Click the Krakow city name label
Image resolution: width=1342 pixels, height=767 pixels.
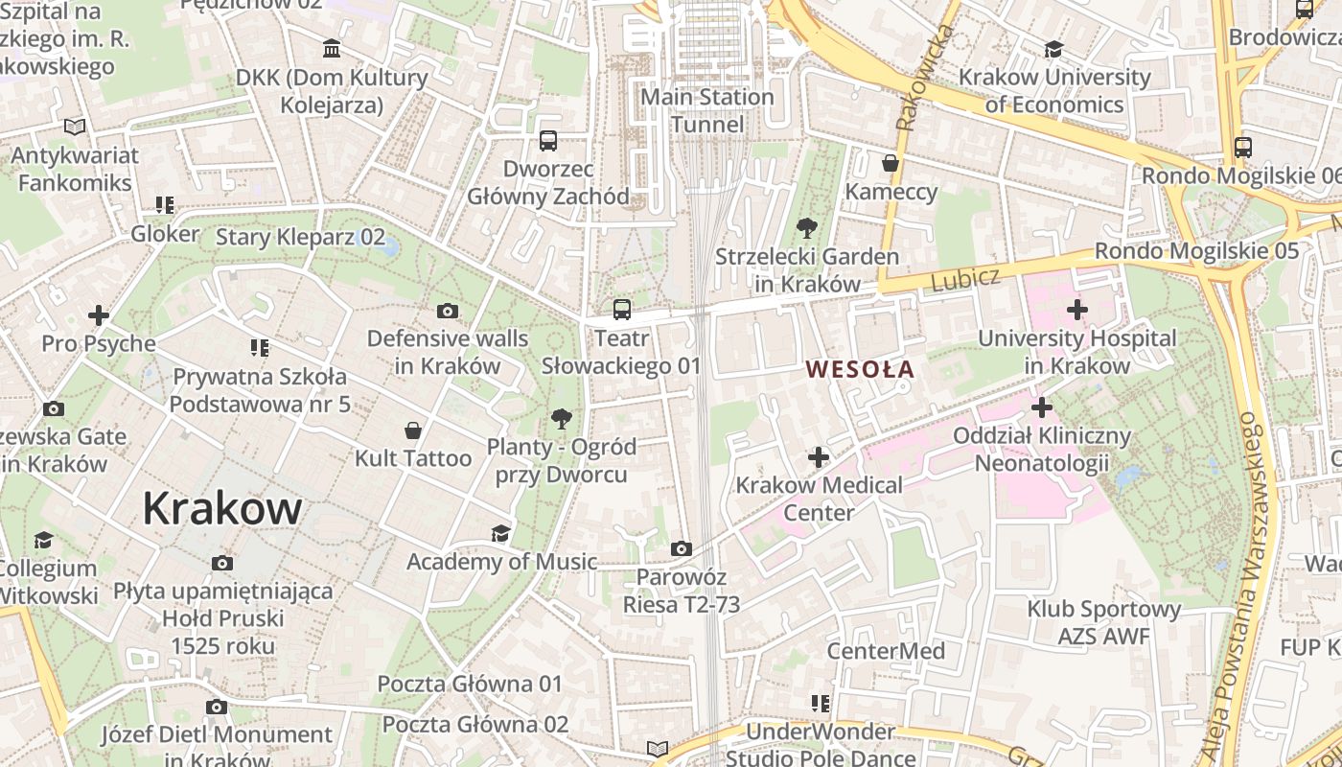pos(222,508)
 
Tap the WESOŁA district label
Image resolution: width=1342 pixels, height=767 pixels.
pos(860,369)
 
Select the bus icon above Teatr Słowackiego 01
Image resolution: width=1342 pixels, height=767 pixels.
pos(622,310)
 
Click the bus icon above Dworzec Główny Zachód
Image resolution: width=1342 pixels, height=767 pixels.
pos(548,141)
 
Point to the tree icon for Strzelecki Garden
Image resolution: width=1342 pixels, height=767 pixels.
pos(807,228)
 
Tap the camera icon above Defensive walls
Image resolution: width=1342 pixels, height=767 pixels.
pos(447,311)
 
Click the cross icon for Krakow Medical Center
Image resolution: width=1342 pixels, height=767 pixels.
pos(818,457)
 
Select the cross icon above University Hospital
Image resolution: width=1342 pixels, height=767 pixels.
pos(1076,310)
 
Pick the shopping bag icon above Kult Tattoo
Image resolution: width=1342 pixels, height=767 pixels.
pos(413,430)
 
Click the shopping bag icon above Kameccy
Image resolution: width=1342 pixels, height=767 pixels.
pos(891,163)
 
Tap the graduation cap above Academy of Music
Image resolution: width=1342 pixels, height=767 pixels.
pos(500,533)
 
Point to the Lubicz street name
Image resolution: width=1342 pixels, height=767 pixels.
pos(965,279)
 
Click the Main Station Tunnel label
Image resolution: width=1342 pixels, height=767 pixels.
pos(707,110)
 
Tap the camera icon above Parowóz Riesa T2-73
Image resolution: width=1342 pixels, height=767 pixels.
pos(682,549)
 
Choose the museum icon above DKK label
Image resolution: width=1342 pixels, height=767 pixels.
pos(332,49)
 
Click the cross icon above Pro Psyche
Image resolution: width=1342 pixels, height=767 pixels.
pos(98,314)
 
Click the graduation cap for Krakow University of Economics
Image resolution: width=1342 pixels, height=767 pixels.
pos(1053,49)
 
